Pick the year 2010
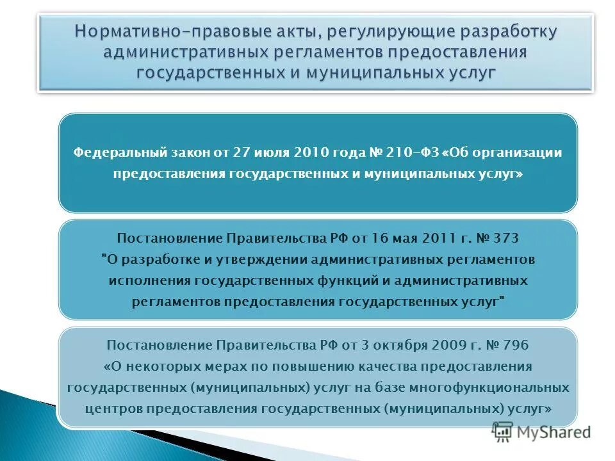pos(310,153)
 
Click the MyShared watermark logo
pos(541,433)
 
